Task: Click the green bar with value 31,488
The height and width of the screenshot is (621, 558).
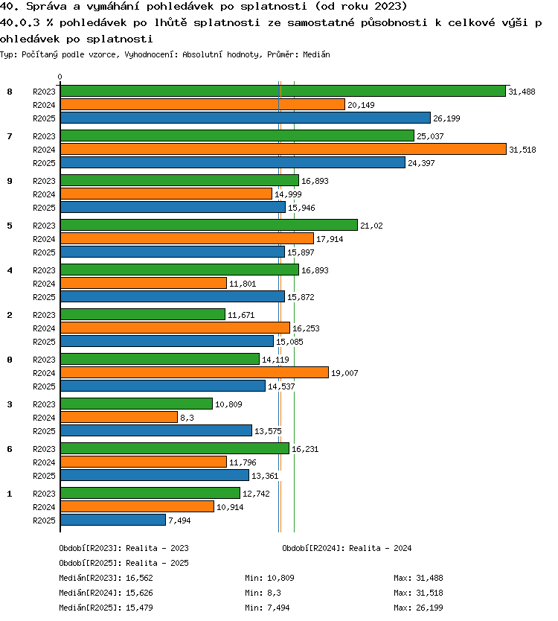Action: (x=283, y=91)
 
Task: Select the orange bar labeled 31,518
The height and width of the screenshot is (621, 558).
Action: (x=283, y=150)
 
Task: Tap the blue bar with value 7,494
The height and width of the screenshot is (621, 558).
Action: (x=113, y=520)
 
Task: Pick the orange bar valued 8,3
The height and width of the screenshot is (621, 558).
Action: (x=119, y=417)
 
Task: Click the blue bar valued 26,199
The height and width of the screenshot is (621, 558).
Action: (x=246, y=118)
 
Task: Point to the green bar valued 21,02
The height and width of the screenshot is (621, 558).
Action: (x=209, y=225)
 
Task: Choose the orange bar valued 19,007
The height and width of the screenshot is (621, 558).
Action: (x=195, y=372)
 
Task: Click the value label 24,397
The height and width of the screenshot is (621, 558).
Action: (x=421, y=163)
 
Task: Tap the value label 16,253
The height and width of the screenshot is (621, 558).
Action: (x=306, y=328)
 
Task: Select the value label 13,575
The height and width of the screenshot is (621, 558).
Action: (x=268, y=431)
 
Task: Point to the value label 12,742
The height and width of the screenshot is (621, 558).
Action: (x=256, y=494)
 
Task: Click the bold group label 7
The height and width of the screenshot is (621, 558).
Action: (x=10, y=136)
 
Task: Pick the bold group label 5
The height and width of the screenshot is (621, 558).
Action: (x=10, y=226)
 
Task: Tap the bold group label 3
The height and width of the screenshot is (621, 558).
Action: (x=10, y=404)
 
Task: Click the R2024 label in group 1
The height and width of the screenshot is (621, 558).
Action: (x=44, y=507)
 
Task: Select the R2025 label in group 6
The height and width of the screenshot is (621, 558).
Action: (x=44, y=476)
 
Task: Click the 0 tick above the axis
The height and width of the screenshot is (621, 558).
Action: (x=60, y=77)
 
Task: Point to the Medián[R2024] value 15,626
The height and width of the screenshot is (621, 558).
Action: (x=139, y=593)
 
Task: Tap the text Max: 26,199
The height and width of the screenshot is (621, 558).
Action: (x=418, y=608)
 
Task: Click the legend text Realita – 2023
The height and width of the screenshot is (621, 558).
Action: (x=157, y=548)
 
